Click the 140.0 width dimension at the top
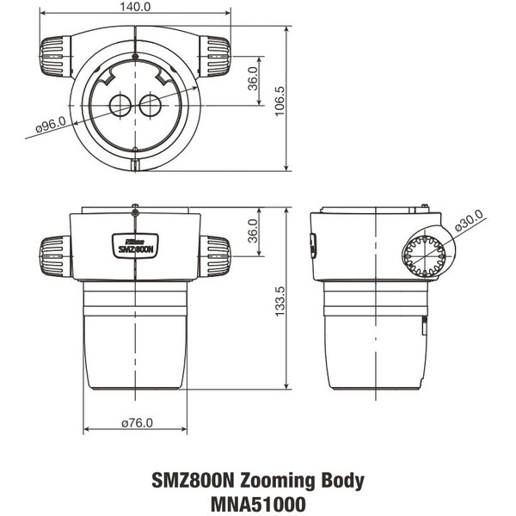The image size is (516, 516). [x=135, y=7]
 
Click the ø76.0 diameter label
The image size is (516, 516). [x=137, y=424]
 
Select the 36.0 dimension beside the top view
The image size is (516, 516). [x=253, y=79]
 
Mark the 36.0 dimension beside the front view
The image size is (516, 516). [x=253, y=231]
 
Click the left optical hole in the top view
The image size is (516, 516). [x=119, y=106]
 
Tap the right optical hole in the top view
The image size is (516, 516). [x=150, y=106]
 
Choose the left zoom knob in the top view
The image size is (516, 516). [x=56, y=56]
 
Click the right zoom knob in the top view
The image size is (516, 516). [x=214, y=56]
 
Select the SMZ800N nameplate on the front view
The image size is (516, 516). [x=135, y=246]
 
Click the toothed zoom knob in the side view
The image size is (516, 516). [x=425, y=255]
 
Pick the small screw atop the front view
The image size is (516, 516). [x=135, y=206]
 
